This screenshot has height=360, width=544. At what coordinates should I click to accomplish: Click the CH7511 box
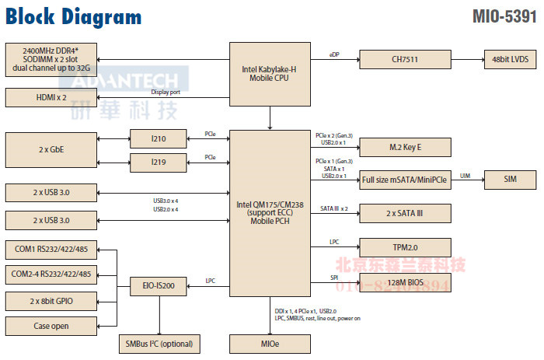point(404,59)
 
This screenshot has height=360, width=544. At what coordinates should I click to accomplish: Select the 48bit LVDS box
point(506,59)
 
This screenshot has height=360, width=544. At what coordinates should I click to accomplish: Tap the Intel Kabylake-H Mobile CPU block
point(270,74)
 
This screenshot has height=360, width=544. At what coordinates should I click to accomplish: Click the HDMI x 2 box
point(51,97)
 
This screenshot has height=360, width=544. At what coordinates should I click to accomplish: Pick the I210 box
point(159,139)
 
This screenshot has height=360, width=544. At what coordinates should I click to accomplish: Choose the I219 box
point(159,163)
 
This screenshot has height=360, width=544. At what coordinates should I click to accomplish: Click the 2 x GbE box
point(51,149)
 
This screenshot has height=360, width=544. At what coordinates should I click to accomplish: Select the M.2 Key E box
point(404,148)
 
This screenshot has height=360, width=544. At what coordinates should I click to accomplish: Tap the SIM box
point(510,180)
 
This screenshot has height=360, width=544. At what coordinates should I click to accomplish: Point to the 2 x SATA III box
point(404,213)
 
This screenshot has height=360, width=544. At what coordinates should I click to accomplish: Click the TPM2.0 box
point(404,247)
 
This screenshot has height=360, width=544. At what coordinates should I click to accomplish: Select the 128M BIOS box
point(404,281)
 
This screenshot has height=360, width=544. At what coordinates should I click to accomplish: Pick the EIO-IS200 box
point(159,286)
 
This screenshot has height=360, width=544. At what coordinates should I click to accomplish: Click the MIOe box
point(270,343)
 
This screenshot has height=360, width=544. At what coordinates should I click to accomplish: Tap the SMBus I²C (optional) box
point(158,343)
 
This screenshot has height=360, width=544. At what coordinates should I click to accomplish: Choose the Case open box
point(51,326)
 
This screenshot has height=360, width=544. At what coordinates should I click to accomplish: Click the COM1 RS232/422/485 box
point(51,250)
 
